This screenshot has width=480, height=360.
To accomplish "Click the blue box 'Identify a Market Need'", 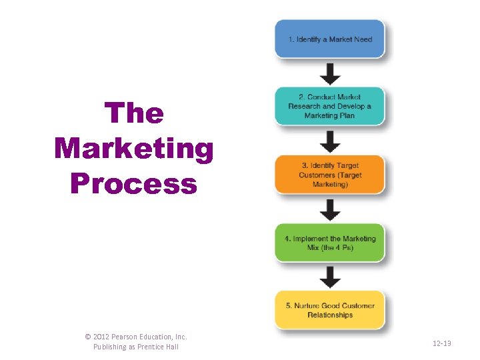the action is (329, 39).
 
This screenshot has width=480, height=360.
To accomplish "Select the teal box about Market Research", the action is (329, 106).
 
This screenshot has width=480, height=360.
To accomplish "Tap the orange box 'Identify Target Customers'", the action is (329, 175).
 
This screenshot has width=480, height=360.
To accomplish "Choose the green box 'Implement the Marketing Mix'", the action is (329, 243).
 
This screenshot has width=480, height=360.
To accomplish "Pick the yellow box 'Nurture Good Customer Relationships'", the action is (329, 310).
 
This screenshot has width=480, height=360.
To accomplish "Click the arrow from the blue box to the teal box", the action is (329, 72).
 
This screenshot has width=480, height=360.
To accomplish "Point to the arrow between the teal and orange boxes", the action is (329, 140).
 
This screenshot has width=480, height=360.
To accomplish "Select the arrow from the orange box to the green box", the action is (329, 209).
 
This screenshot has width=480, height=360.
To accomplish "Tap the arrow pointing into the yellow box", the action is (329, 276).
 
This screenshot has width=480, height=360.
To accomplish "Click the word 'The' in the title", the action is (134, 113).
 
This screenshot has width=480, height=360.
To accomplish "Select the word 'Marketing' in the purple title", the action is (134, 149).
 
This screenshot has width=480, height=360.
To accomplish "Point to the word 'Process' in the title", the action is (134, 183).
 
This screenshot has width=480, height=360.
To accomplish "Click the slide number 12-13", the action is (441, 343).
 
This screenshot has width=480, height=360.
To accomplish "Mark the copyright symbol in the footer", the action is (89, 337).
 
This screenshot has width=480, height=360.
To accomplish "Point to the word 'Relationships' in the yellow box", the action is (330, 315).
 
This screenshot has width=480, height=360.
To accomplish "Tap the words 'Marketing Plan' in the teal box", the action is (329, 115).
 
